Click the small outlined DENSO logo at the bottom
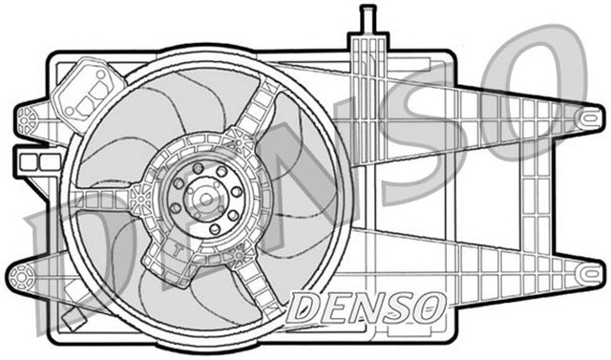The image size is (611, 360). point(367,307)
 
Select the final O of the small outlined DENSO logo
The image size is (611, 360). point(431,307)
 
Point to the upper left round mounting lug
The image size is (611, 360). point(30,120)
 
